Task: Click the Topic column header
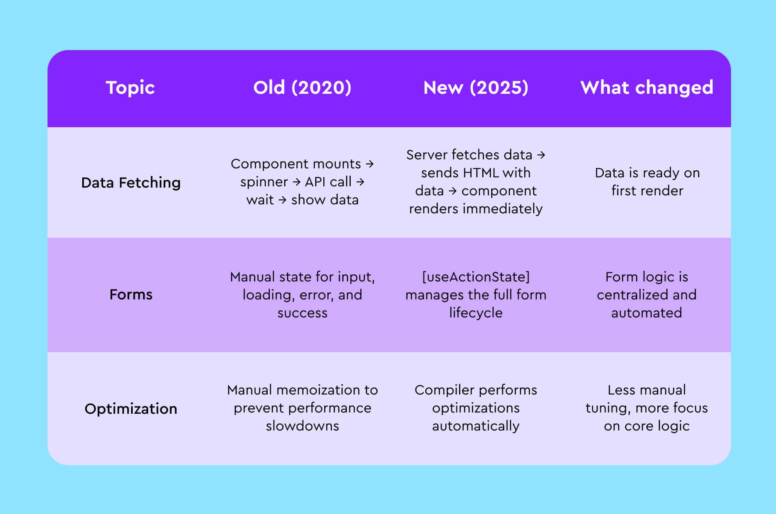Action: tap(130, 88)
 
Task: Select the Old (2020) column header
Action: tap(302, 88)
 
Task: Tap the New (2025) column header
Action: tap(476, 88)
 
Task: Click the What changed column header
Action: tap(647, 88)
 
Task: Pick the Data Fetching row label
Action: tap(131, 183)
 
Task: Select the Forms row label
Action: tap(131, 295)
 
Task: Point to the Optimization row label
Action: tap(131, 409)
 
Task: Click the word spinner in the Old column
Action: tap(264, 182)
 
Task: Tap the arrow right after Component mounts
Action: tap(370, 164)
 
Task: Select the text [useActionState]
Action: tap(476, 277)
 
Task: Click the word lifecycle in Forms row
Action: tap(476, 313)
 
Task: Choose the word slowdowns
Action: tap(302, 426)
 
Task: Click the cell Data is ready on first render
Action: tap(647, 182)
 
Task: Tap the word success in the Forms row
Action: tap(302, 313)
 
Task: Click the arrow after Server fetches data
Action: tap(541, 155)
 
